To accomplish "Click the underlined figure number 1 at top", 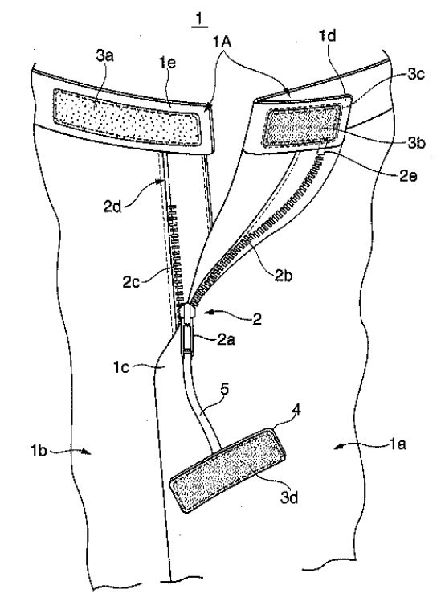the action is (199, 20).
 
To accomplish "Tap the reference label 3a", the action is (104, 56).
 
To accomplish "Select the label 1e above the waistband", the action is (166, 62).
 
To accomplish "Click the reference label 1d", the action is (327, 36).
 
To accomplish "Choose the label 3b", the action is (417, 143).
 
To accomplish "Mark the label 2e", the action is (408, 176).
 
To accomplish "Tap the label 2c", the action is (131, 281).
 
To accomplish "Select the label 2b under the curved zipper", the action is (284, 275).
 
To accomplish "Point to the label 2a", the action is (226, 340).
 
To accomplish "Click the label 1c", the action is (121, 366).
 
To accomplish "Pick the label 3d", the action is (289, 497).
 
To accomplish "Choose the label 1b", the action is (39, 451).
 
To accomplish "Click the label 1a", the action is (397, 444).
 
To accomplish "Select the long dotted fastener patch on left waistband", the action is (127, 117).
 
